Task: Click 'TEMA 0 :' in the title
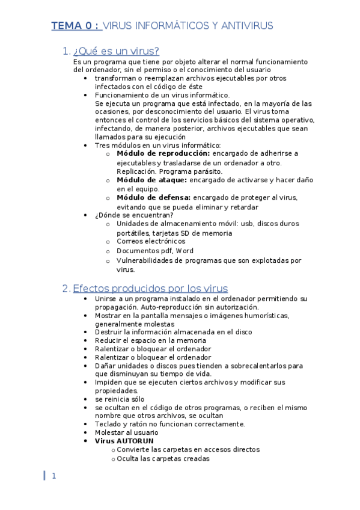[75, 25]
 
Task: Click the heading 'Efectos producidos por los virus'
[150, 288]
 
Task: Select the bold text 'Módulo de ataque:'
[152, 179]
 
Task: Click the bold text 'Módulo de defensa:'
[154, 197]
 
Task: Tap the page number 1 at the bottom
[53, 476]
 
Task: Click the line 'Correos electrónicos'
[151, 241]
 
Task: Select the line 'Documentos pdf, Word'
[154, 251]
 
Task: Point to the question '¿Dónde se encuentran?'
[134, 215]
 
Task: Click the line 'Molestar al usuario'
[126, 432]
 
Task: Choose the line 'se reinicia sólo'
[120, 399]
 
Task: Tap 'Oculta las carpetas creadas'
[163, 458]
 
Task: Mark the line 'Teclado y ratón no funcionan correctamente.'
[169, 423]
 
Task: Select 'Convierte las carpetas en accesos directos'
[188, 449]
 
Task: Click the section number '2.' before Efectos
[66, 288]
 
